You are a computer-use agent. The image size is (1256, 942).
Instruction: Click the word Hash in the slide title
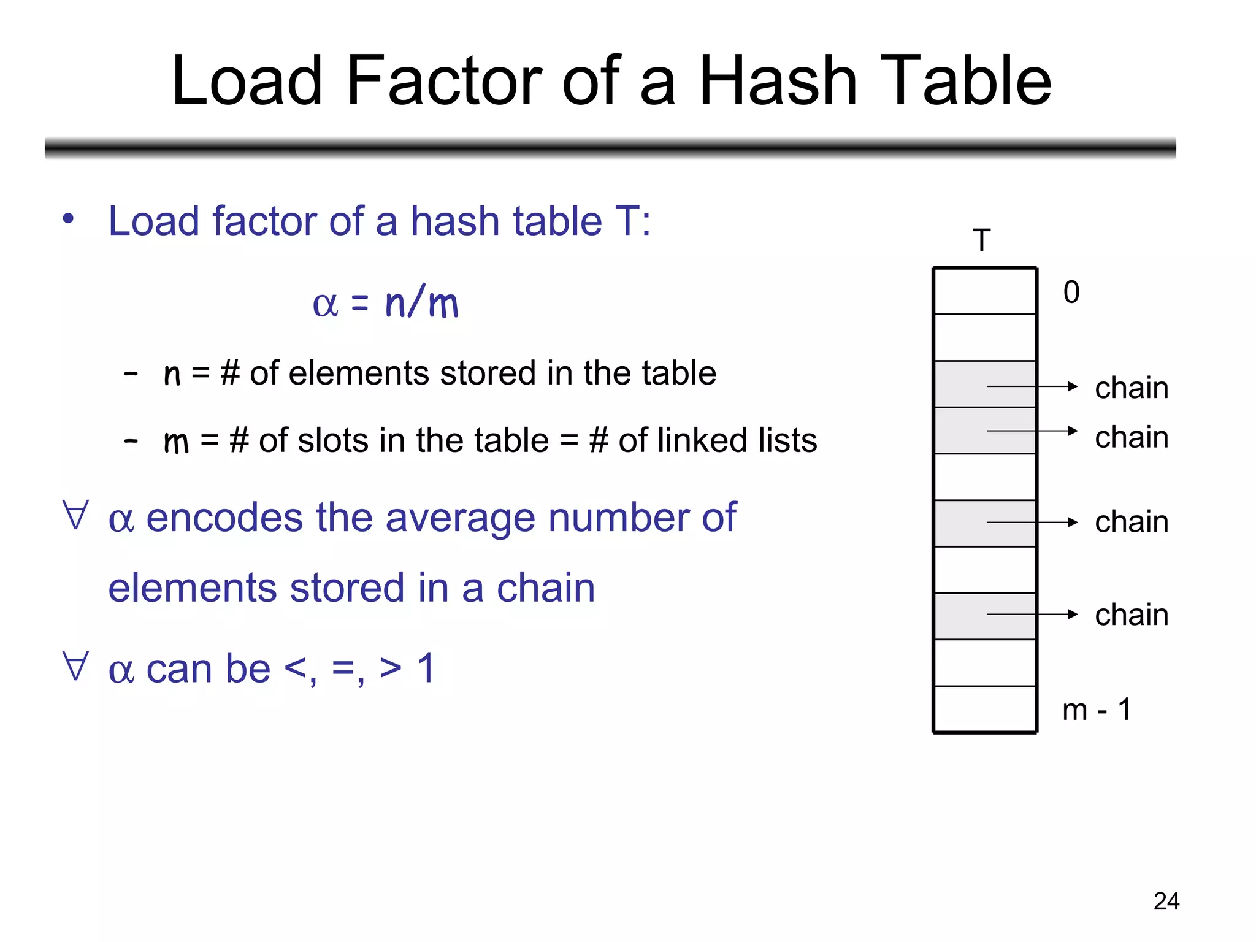click(x=778, y=81)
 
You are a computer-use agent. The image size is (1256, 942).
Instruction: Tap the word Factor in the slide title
click(x=443, y=81)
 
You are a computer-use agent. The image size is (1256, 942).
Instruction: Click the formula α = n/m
click(x=385, y=303)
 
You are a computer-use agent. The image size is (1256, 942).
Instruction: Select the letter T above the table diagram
click(x=982, y=240)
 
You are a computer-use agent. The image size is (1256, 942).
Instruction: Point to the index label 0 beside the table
click(x=1071, y=292)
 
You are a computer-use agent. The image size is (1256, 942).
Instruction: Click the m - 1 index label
click(x=1097, y=710)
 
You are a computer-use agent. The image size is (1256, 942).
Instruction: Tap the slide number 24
click(x=1166, y=901)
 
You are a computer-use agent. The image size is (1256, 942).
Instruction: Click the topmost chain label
click(x=1132, y=388)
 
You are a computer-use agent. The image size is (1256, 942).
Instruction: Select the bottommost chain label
click(x=1132, y=615)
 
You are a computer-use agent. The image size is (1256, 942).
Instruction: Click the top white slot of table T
click(x=985, y=291)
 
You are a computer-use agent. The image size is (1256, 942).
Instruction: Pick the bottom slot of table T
click(x=985, y=709)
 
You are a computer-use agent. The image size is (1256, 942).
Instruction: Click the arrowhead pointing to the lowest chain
click(x=1073, y=614)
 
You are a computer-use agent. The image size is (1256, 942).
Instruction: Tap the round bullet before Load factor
click(x=68, y=219)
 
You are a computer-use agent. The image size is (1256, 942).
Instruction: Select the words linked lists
click(x=718, y=440)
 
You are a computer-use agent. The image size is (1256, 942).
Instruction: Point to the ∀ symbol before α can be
click(x=75, y=667)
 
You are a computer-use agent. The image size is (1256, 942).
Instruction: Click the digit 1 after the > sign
click(x=426, y=668)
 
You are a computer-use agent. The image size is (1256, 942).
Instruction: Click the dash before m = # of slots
click(x=131, y=440)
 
